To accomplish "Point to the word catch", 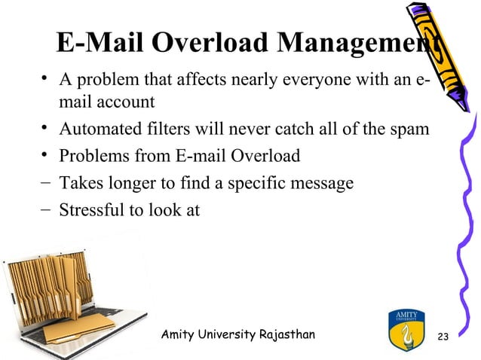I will (x=296, y=130).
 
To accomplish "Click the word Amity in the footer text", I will (x=179, y=334).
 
